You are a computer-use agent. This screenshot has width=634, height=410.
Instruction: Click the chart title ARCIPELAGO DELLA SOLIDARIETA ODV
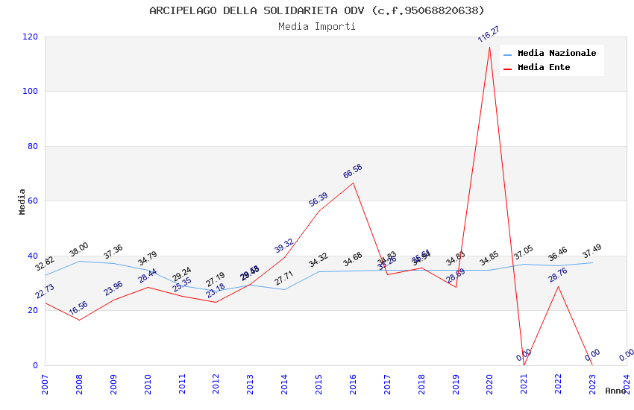[x=317, y=10]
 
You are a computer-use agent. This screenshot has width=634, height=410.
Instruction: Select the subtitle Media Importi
[x=317, y=26]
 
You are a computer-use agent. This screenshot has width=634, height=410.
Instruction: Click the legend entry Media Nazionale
[x=556, y=53]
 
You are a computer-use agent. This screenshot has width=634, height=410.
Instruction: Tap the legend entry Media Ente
[x=544, y=67]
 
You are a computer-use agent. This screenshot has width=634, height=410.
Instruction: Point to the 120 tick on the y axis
[x=31, y=37]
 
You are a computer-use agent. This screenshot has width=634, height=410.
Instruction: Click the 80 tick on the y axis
[x=33, y=146]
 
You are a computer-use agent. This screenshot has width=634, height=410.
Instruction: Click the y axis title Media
[x=22, y=201]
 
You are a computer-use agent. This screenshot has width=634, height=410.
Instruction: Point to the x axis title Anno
[x=615, y=391]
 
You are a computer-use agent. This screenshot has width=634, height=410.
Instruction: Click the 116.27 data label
[x=489, y=34]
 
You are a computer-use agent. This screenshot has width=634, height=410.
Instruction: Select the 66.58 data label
[x=353, y=171]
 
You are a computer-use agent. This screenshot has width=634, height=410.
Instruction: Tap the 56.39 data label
[x=318, y=199]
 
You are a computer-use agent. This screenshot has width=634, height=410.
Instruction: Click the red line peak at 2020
[x=489, y=47]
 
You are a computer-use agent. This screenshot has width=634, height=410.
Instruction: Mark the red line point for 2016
[x=353, y=183]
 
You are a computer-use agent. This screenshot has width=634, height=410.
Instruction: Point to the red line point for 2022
[x=558, y=286]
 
